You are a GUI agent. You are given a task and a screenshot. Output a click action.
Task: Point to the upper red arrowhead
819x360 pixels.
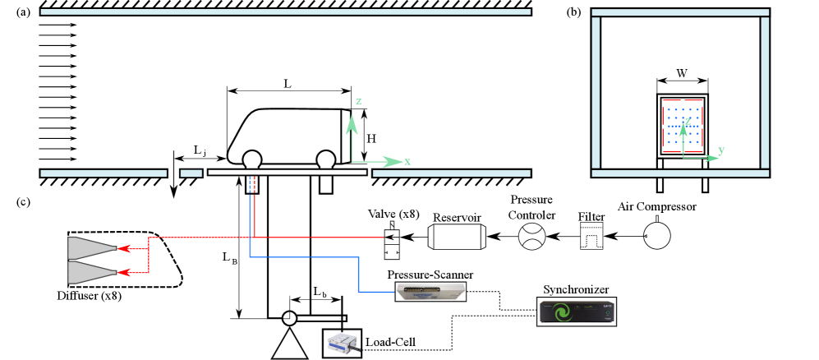(124, 247)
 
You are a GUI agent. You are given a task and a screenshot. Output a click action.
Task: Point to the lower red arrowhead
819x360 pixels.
(124, 272)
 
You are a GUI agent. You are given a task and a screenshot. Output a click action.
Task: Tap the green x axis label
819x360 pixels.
(407, 162)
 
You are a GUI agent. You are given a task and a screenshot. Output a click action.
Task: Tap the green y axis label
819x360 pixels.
(721, 150)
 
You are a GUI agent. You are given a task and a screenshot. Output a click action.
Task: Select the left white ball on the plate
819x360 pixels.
(252, 159)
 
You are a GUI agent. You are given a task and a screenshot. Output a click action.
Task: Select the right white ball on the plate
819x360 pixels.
(326, 159)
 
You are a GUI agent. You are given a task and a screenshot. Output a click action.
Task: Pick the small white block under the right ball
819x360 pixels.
(326, 184)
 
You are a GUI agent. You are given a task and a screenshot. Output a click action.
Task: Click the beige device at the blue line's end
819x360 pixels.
(430, 291)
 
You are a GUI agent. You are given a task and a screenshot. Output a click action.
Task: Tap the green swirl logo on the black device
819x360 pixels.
(562, 313)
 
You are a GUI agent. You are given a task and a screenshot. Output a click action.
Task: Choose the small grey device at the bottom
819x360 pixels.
(343, 344)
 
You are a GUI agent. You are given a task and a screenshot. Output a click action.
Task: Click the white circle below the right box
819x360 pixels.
(657, 236)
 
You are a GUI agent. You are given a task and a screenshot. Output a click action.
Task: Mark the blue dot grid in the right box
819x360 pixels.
(683, 125)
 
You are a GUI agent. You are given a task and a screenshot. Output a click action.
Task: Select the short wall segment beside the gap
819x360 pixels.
(191, 173)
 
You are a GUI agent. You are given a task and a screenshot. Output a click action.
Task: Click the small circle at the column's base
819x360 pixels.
(289, 318)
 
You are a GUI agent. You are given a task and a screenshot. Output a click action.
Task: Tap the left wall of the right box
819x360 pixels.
(596, 92)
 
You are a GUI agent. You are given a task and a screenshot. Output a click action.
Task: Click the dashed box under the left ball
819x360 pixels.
(252, 184)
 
